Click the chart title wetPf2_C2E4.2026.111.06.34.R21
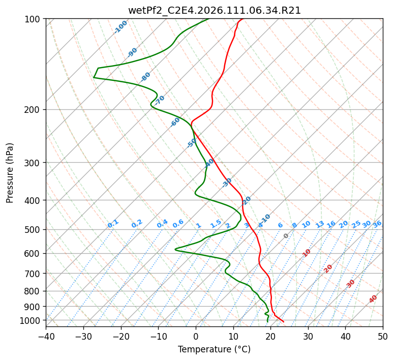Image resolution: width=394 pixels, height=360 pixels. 214,10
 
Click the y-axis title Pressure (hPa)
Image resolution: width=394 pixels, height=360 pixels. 10,173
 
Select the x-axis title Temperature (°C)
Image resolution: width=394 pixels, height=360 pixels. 214,349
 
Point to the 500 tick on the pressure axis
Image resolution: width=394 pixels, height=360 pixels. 33,229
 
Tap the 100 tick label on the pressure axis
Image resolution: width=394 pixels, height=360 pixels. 33,19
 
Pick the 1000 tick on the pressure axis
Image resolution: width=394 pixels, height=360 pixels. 31,320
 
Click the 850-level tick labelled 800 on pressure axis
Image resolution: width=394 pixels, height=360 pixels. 33,291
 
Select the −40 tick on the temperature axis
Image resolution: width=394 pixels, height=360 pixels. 46,336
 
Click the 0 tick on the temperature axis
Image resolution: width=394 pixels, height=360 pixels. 196,336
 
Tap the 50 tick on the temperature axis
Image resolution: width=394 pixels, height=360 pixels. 383,336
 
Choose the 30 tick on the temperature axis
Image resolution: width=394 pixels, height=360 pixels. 308,336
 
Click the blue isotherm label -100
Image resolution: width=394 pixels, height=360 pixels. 120,27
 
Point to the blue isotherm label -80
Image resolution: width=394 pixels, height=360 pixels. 146,77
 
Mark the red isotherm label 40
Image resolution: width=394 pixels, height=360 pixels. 373,299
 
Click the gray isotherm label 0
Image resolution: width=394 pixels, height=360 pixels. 286,236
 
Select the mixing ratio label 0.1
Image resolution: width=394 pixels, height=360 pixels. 113,223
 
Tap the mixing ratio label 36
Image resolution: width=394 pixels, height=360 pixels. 377,224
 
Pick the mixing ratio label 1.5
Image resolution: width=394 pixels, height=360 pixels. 216,223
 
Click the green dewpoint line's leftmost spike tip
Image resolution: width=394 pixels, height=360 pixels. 94,77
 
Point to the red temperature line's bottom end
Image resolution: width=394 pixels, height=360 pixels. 284,322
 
